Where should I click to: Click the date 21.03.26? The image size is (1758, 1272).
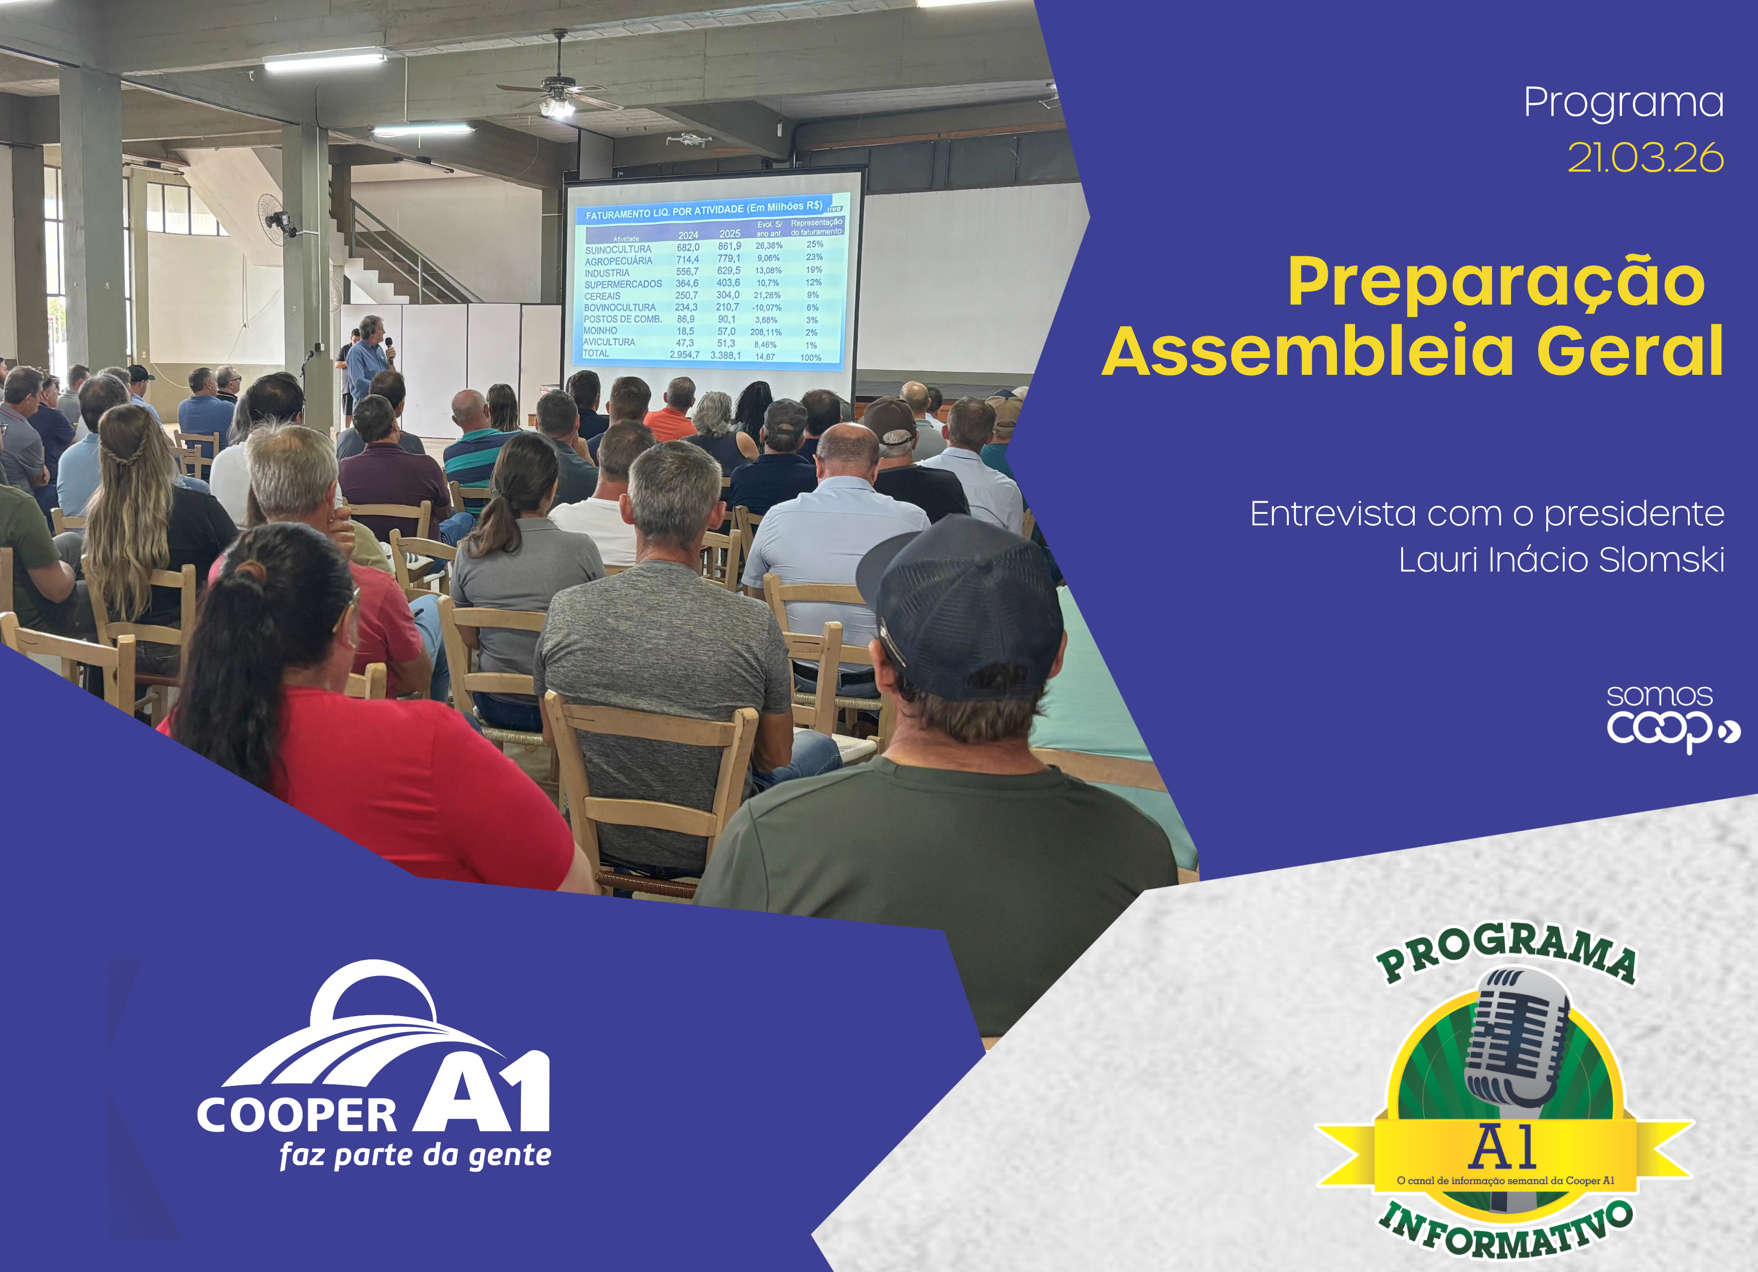[x=1645, y=158]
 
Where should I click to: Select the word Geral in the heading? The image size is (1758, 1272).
[x=1630, y=351]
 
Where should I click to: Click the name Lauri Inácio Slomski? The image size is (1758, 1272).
[x=1561, y=559]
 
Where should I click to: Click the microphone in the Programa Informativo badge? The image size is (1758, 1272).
[x=1516, y=1039]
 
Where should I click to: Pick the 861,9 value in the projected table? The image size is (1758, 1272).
[x=729, y=246]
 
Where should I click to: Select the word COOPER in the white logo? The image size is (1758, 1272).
[x=297, y=1114]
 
